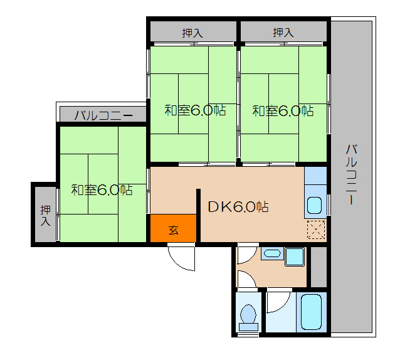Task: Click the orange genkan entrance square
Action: coord(173,228)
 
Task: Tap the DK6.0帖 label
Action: coord(238,207)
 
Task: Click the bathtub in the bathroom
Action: coord(311,312)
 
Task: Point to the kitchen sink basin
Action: coord(314,205)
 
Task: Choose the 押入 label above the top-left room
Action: coord(192,33)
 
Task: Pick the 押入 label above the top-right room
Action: coord(283,33)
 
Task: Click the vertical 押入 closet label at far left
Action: coord(46,216)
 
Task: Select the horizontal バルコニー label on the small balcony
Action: coord(103,115)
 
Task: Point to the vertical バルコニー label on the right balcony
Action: coord(352,174)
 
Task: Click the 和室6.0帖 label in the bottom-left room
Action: coord(102,190)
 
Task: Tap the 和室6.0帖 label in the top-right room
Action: coord(283,111)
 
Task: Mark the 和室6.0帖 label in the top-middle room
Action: coord(195,110)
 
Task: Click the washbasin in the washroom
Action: coord(272,253)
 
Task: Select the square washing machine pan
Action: coord(295,257)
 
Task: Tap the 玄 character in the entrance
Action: coord(174,230)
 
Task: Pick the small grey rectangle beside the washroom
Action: coord(318,267)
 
